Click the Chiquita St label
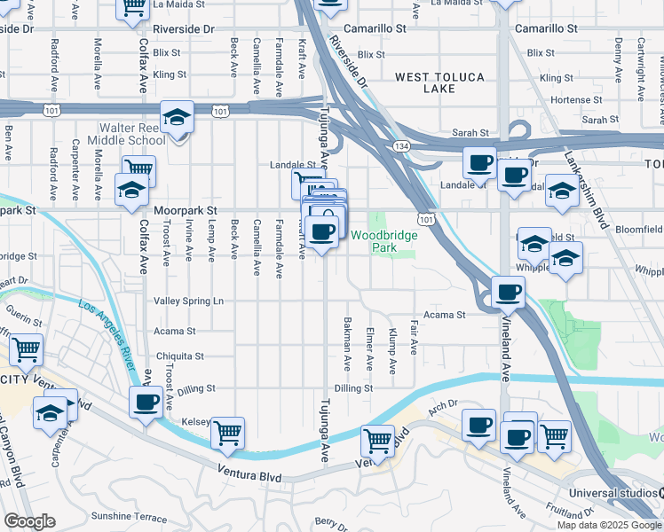tap(181, 356)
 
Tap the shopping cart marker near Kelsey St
tap(228, 433)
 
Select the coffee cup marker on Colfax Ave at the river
tap(146, 402)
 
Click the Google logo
tap(29, 521)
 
